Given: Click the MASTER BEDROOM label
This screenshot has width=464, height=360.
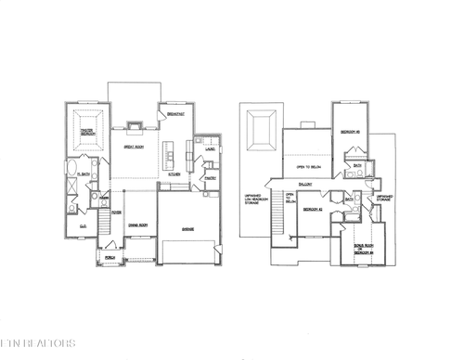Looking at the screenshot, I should pos(86,133).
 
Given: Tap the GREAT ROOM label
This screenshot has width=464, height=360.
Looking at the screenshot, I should pos(133,147).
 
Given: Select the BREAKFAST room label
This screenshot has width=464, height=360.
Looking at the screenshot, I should pos(176,113).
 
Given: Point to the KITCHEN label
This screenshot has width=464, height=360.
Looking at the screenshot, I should pos(173,174).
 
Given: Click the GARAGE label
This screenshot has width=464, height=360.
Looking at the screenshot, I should pos(188,228).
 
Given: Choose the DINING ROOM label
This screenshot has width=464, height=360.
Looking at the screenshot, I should pos(137,225).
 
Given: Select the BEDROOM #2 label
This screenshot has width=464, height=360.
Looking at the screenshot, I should pos(311,210).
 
